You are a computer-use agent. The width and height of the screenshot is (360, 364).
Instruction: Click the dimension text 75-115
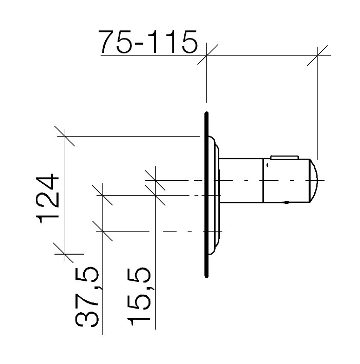148,42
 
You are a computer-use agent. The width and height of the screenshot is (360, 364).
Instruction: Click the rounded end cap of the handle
314,181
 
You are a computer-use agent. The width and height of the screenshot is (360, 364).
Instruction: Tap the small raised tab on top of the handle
285,158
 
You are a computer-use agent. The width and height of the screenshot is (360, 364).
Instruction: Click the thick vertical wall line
206,195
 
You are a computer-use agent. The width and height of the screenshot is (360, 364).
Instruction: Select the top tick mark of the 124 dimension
65,136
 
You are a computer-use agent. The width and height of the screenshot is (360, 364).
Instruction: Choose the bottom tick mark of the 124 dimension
65,254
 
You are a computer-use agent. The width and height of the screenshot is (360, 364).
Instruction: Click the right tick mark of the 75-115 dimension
317,55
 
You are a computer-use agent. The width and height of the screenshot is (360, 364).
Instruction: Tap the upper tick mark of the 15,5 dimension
155,180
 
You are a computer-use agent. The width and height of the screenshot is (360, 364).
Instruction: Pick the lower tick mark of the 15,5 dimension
155,196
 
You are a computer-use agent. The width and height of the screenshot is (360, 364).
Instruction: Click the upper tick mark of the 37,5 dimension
102,195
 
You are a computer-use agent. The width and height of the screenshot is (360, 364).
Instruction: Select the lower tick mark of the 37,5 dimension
102,231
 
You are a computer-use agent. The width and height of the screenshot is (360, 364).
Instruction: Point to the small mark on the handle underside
288,203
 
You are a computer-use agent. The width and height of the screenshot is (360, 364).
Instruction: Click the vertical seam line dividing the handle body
263,181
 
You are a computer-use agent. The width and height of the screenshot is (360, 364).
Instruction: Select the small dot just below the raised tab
268,165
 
